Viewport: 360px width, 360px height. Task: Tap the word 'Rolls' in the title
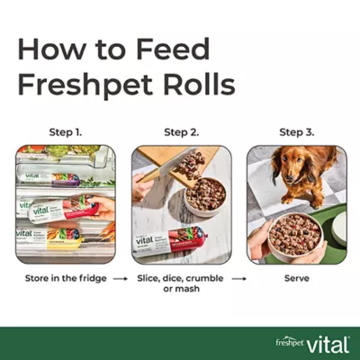[x=190, y=85]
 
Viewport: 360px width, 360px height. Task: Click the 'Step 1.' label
[x=65, y=132]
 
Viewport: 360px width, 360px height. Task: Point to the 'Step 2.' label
[x=181, y=132]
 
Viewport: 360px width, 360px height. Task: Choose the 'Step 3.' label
[x=296, y=132]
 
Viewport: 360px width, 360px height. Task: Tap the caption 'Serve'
[x=296, y=279]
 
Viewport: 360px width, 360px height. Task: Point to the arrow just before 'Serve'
[x=238, y=279]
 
